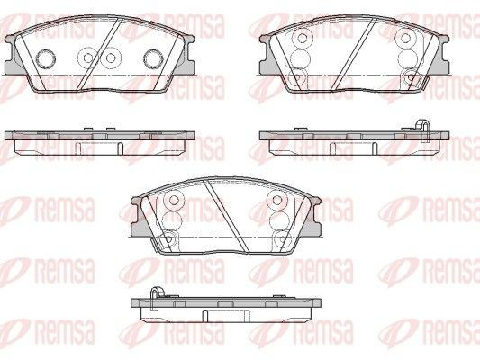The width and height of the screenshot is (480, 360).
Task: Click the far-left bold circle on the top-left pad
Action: click(46, 58)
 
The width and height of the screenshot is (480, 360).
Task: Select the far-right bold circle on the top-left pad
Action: click(154, 58)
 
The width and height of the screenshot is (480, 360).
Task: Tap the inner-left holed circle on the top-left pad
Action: click(88, 58)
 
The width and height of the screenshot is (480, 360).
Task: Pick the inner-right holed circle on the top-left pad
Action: click(111, 58)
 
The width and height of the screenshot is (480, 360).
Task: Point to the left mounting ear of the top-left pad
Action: click(14, 55)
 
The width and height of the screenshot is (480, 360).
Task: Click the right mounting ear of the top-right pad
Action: click(439, 55)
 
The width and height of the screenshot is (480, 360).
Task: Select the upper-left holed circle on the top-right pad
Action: click(303, 38)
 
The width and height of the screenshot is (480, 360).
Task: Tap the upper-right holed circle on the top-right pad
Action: click(405, 38)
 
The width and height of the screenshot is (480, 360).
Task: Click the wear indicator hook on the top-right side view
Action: click(423, 130)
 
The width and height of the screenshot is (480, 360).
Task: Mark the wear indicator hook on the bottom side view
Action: click(157, 298)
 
